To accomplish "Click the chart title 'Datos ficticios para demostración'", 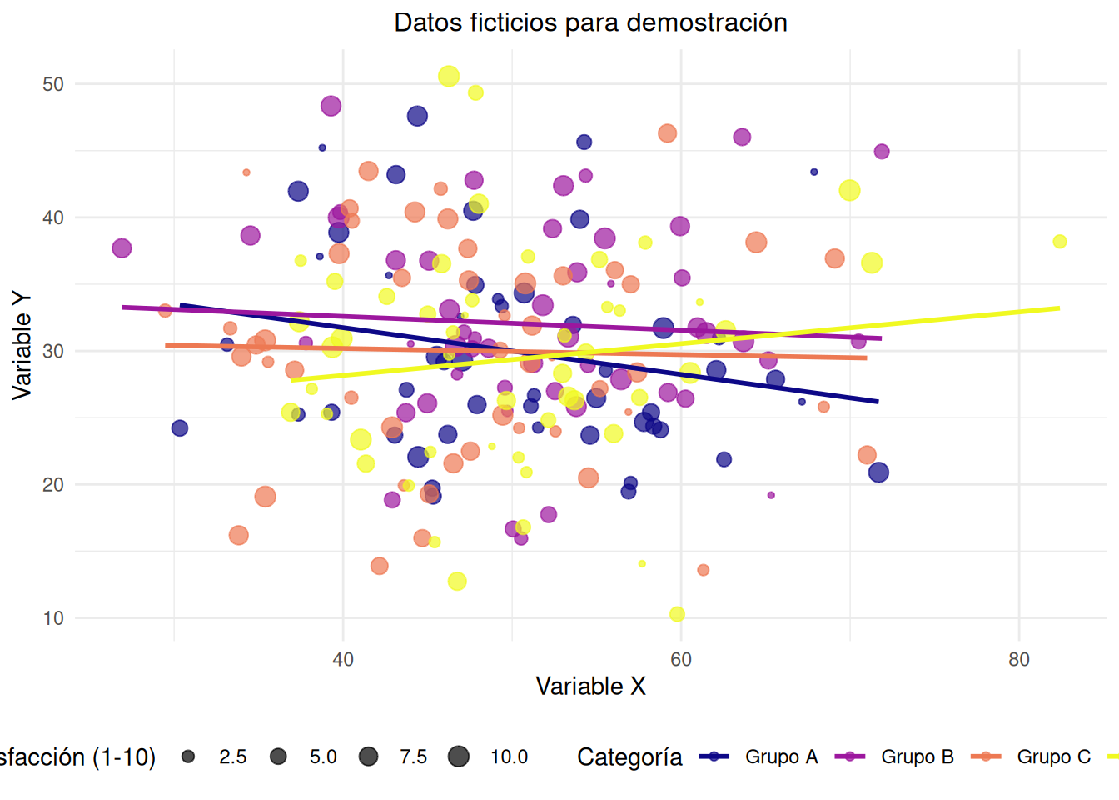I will point(590,22).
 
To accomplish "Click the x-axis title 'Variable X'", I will point(590,686).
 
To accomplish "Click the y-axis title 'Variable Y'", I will point(22,345).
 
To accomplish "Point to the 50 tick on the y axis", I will point(53,84).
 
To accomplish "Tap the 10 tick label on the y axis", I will point(53,618).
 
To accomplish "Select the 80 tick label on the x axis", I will point(1018,660).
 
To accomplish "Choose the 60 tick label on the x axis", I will point(680,660).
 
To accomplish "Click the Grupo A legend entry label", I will point(781,757).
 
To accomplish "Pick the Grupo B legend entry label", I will point(917,757).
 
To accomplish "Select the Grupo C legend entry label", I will point(1053,757).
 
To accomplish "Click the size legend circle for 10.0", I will point(458,757).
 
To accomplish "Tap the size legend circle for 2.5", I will point(188,757).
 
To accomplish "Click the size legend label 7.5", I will point(413,757).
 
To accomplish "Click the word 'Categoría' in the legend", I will point(629,757).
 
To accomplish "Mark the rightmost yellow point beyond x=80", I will point(1059,242).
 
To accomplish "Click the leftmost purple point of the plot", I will point(122,247).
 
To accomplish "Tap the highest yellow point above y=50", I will point(449,77).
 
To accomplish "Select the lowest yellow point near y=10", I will point(677,614).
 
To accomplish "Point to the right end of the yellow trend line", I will point(1059,308).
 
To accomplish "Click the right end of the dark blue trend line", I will point(878,402).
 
